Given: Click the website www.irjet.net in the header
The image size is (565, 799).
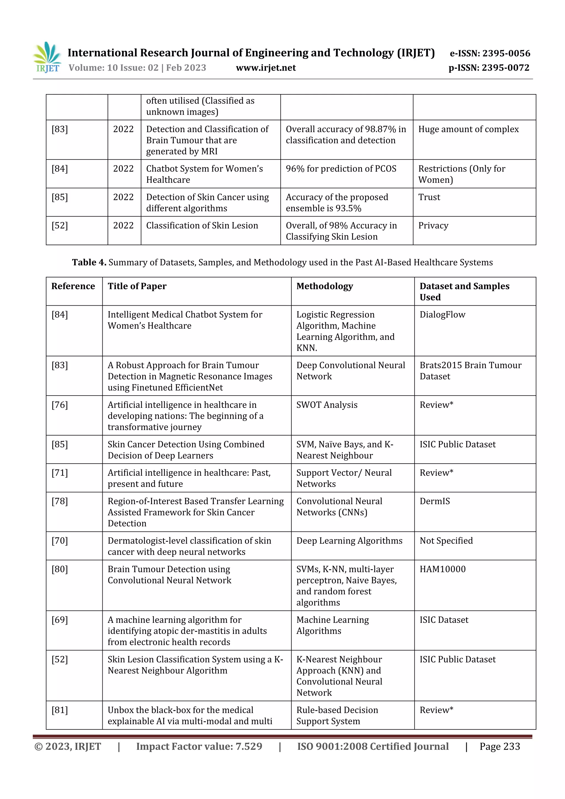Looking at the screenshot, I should coord(266,68).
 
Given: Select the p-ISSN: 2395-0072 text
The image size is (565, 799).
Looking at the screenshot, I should coord(489,68).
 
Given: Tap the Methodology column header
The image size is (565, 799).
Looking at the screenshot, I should coord(324,286).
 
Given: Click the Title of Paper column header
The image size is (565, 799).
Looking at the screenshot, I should coord(137,286).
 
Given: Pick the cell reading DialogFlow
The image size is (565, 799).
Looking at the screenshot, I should coord(442,315).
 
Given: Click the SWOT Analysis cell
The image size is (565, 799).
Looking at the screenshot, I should coord(327,405).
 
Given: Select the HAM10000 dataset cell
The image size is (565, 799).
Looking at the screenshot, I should coord(442,569).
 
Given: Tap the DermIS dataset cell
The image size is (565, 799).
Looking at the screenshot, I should coord(435,501).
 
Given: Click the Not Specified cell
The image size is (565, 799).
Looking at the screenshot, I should coord(446,541).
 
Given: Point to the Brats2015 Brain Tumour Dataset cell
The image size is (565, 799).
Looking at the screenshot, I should coord(470,371).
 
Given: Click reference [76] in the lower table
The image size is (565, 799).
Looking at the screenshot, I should coord(60,405).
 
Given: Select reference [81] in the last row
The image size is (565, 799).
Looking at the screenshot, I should coord(60,710).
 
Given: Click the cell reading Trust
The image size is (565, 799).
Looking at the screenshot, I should coord(429,197).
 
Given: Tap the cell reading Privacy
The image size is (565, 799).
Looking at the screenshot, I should coord(433,226).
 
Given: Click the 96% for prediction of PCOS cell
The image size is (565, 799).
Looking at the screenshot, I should coord(341,169).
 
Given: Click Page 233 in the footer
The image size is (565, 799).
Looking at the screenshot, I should coord(500,746).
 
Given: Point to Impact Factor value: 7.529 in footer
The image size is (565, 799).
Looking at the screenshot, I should coord(199,746).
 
